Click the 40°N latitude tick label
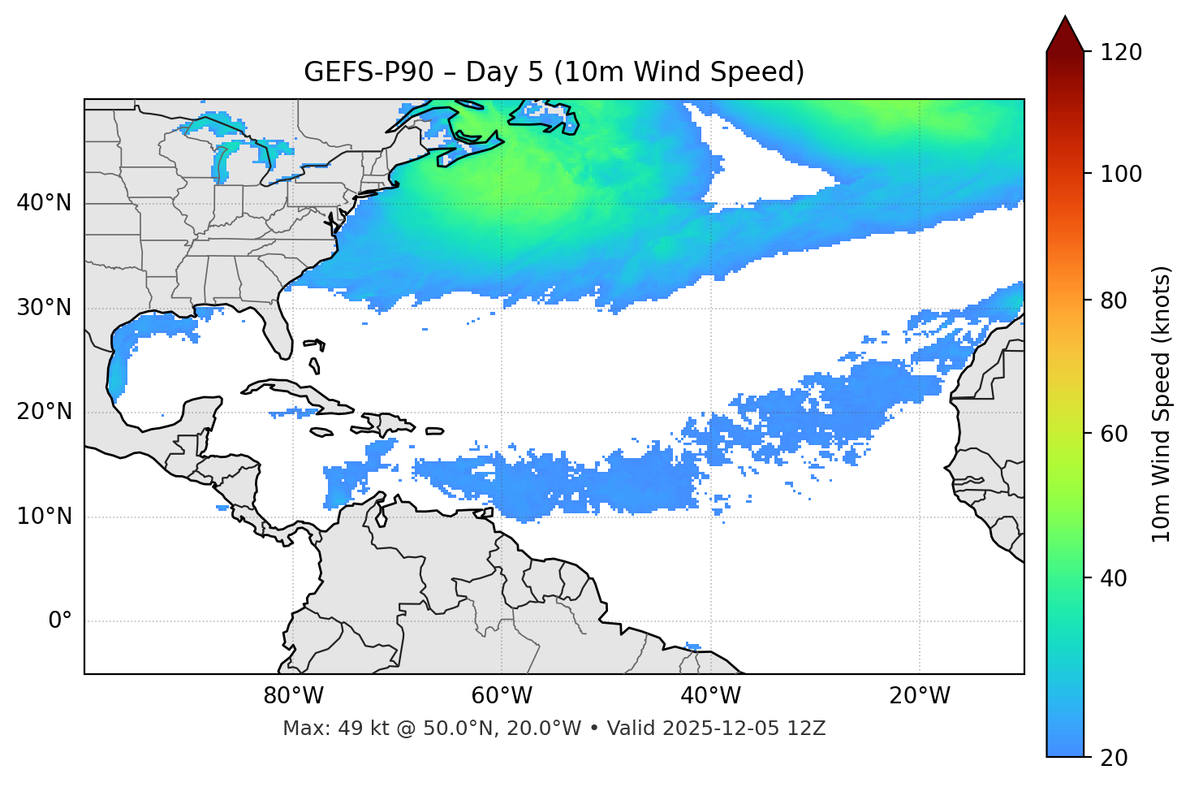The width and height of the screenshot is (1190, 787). (x=44, y=203)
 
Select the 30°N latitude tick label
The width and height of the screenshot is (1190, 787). (x=44, y=308)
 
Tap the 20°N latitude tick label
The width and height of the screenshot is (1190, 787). (x=44, y=412)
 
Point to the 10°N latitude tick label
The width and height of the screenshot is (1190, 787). (x=44, y=517)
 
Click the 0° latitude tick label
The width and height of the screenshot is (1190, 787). (x=60, y=621)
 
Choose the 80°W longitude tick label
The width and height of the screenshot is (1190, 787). (x=293, y=696)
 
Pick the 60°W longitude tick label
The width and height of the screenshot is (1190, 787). (x=502, y=696)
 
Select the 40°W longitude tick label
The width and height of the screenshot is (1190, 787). (x=710, y=696)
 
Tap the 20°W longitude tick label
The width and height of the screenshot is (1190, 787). (x=919, y=696)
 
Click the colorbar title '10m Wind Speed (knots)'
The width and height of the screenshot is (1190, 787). (x=1162, y=404)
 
